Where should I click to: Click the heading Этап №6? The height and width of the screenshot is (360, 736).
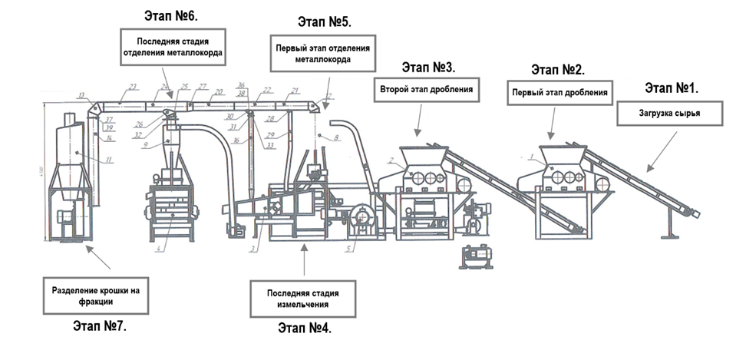point(168,15)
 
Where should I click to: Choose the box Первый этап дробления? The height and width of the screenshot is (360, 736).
point(559,93)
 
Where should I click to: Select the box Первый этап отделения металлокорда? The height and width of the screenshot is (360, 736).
point(323,54)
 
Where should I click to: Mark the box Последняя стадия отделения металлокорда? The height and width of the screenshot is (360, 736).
point(173,47)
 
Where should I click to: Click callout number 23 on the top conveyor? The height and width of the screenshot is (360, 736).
point(133,87)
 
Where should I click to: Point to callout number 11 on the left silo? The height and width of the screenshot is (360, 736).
point(110,160)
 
